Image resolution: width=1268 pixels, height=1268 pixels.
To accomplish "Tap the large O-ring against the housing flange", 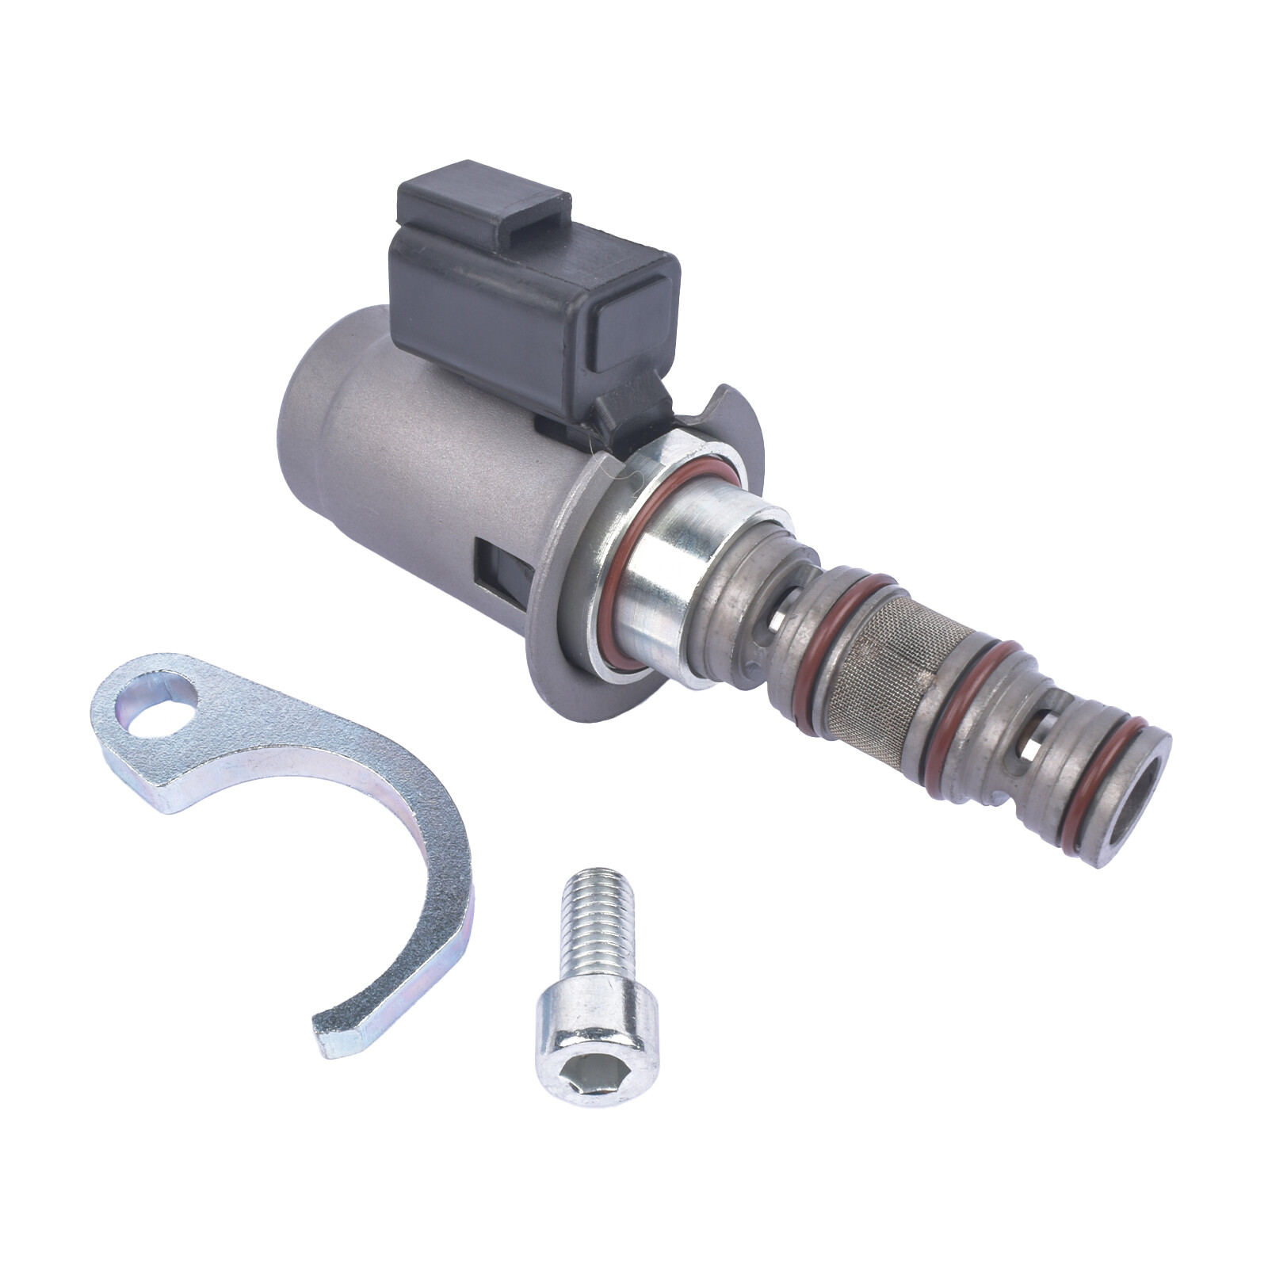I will point(626,571).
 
